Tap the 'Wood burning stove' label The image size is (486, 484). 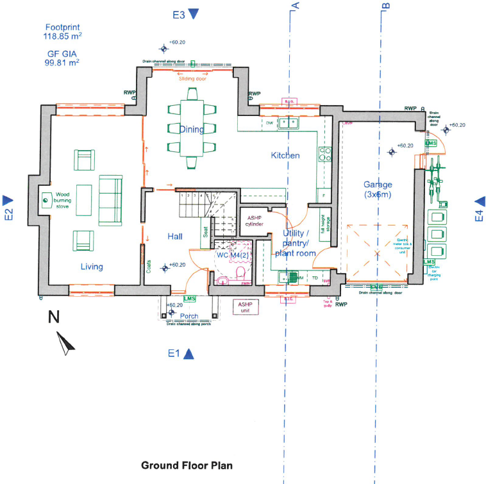62,200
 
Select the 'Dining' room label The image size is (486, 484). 191,129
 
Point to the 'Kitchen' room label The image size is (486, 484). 285,156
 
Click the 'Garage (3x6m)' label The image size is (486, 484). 378,188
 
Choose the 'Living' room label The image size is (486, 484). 92,267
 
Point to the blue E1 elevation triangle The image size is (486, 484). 189,354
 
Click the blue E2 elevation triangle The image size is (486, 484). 8,200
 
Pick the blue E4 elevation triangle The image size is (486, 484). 479,202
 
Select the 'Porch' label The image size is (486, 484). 189,316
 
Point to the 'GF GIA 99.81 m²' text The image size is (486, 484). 62,59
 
